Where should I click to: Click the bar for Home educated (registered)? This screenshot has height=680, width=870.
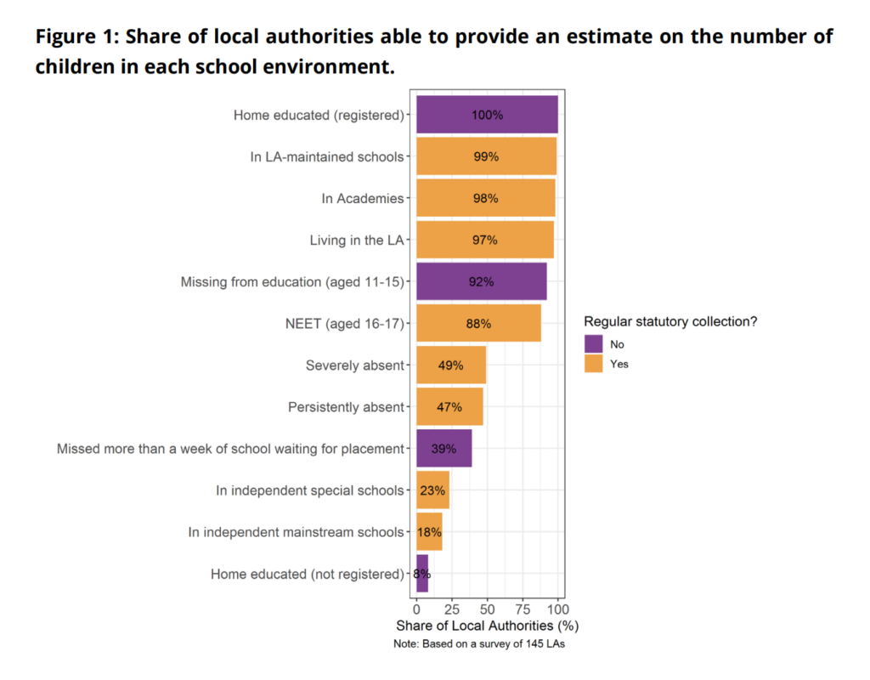point(487,115)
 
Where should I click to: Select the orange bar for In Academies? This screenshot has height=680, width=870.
point(485,198)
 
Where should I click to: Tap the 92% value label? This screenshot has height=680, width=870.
point(481,281)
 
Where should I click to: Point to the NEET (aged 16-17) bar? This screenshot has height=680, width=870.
point(478,323)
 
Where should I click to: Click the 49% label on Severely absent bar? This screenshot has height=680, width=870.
point(450,365)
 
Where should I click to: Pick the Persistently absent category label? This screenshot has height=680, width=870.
point(346,407)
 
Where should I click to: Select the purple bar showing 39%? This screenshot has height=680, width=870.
point(443,449)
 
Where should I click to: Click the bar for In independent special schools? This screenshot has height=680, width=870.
point(432,490)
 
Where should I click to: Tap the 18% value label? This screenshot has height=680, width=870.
point(429,532)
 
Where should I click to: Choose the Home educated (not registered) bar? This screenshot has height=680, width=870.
point(421,574)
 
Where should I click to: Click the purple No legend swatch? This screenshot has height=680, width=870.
point(593,344)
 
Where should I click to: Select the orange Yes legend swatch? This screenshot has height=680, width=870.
point(593,364)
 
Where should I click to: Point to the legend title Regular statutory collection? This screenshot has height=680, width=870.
point(669,322)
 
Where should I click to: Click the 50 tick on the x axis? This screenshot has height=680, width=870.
point(487,609)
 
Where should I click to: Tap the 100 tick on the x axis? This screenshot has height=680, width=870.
point(557,609)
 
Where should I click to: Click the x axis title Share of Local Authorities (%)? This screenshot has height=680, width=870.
point(487,626)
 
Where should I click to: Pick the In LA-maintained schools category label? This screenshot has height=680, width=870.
point(327,156)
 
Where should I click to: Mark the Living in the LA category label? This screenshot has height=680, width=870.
point(357,240)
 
